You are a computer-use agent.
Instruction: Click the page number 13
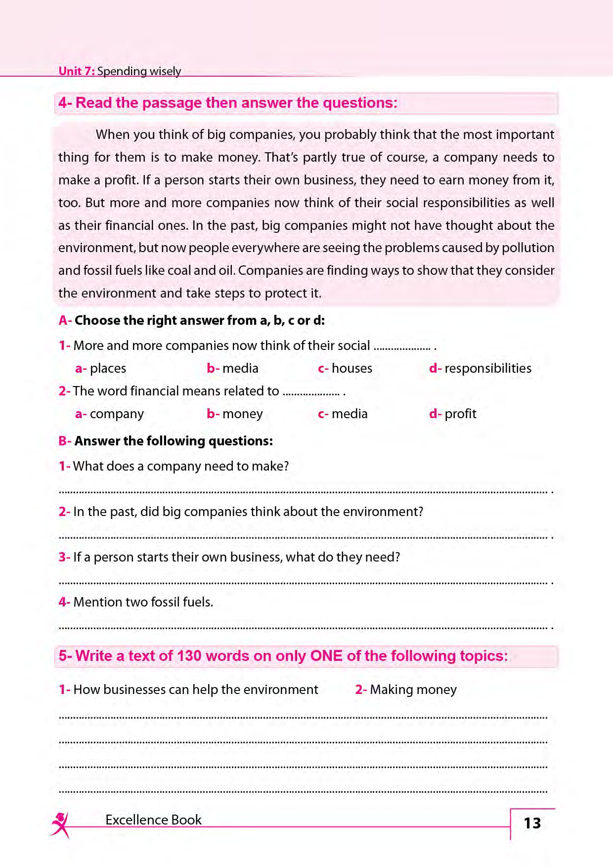pyautogui.click(x=532, y=823)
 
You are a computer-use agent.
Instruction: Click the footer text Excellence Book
pyautogui.click(x=153, y=820)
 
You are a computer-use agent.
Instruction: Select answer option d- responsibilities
pyautogui.click(x=481, y=368)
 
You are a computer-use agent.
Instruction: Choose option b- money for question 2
pyautogui.click(x=235, y=414)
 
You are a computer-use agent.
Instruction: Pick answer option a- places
pyautogui.click(x=101, y=368)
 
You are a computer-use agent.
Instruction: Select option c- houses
pyautogui.click(x=345, y=368)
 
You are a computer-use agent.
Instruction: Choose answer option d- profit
pyautogui.click(x=453, y=414)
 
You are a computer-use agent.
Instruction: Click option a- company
pyautogui.click(x=110, y=414)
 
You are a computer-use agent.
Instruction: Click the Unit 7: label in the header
pyautogui.click(x=77, y=71)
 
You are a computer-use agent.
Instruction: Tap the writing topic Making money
pyautogui.click(x=406, y=690)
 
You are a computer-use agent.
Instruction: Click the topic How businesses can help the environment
pyautogui.click(x=188, y=690)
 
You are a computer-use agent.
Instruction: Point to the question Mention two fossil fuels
pyautogui.click(x=136, y=602)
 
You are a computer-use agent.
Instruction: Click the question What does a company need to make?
pyautogui.click(x=174, y=466)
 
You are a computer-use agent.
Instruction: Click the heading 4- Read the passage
pyautogui.click(x=227, y=103)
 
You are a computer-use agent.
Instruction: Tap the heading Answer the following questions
pyautogui.click(x=166, y=441)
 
